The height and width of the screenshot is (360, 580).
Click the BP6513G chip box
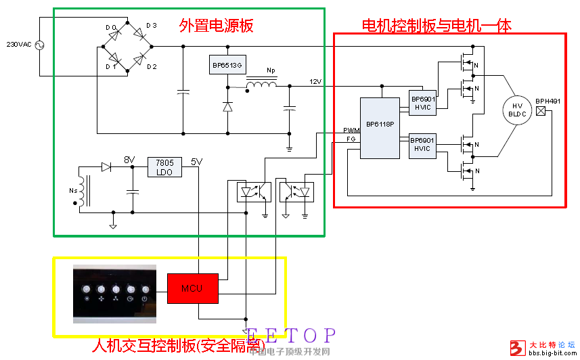(227, 65)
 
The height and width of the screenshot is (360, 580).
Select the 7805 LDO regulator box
(164, 167)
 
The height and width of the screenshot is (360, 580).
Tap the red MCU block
(193, 288)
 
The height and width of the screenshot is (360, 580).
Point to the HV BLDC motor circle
(517, 110)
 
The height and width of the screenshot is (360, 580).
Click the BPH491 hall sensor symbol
(541, 110)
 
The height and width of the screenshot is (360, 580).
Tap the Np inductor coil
(261, 85)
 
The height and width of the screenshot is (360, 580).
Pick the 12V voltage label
(315, 82)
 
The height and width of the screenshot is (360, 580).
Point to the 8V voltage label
(129, 160)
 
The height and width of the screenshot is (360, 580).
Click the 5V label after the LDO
(196, 162)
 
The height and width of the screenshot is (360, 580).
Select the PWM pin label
(351, 129)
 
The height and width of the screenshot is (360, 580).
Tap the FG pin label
(351, 139)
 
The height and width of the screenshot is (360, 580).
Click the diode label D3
(151, 26)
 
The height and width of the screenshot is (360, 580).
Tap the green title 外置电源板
(216, 26)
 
